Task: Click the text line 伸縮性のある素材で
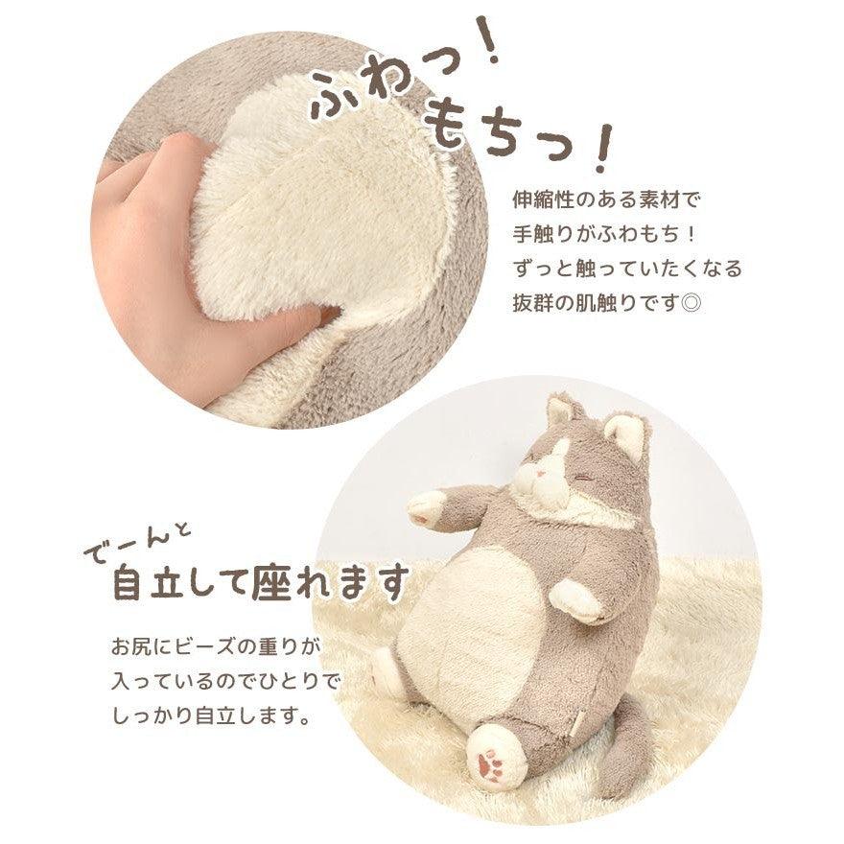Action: [x=607, y=202]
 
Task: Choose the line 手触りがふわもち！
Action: [x=606, y=235]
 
